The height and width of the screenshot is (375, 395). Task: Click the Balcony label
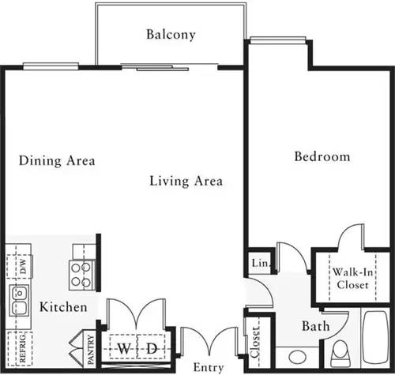click(171, 35)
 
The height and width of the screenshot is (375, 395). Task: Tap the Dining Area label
click(57, 161)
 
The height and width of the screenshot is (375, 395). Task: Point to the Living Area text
click(186, 181)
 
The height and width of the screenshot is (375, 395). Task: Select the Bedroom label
click(322, 156)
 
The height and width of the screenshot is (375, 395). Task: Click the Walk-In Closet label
click(352, 278)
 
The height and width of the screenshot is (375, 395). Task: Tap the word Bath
click(315, 325)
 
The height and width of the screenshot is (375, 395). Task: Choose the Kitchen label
click(63, 306)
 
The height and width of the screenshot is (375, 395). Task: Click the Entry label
click(209, 368)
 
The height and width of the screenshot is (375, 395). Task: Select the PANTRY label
click(91, 348)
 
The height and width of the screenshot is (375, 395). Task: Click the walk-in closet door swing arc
click(349, 236)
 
